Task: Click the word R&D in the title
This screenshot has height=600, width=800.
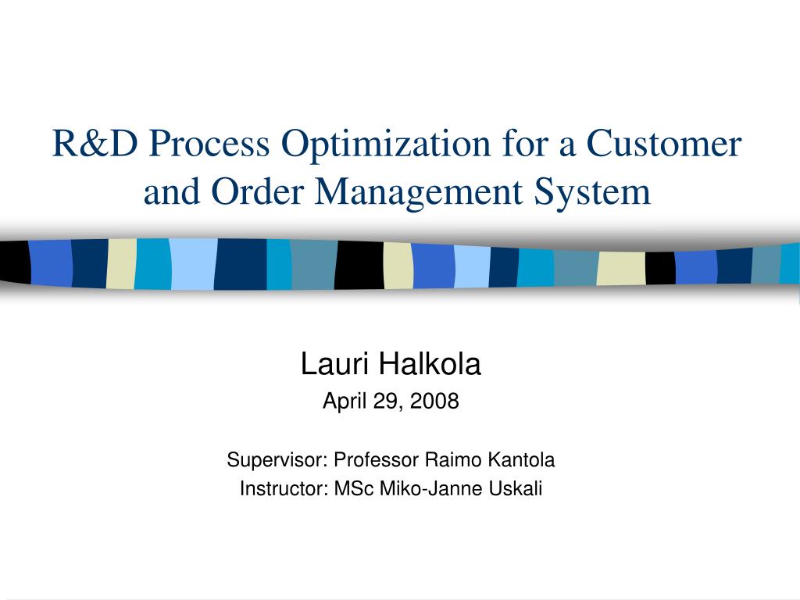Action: click(x=95, y=144)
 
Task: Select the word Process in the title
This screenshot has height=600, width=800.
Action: click(x=209, y=144)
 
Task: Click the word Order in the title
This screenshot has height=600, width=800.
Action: click(x=257, y=191)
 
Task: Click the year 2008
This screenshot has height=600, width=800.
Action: click(x=434, y=401)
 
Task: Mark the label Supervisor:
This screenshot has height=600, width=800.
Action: click(x=277, y=460)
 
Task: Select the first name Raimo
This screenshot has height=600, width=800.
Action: click(x=454, y=459)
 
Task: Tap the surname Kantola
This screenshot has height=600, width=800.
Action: click(x=521, y=459)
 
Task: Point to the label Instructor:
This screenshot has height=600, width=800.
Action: click(x=284, y=488)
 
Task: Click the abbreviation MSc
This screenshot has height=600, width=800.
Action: click(x=354, y=488)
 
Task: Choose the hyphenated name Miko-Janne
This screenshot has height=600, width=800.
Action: click(x=431, y=488)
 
